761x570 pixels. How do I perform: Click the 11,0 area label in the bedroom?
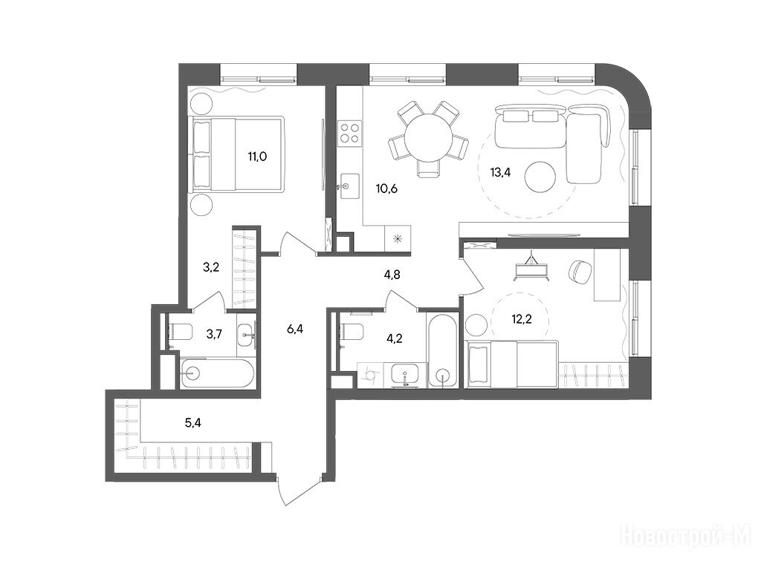pos(257,156)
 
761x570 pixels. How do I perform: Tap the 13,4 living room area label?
pos(500,174)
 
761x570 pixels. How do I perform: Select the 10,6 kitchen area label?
pos(386,188)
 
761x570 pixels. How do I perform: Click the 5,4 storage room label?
pos(192,423)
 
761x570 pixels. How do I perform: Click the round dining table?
pos(428,138)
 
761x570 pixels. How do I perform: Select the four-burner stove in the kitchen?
pos(349,133)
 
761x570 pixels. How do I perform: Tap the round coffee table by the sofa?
pos(541,177)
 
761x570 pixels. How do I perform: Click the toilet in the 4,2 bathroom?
pos(350,332)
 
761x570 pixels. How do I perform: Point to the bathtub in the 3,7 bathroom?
pos(218,374)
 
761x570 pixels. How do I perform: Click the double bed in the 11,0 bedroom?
pos(238,154)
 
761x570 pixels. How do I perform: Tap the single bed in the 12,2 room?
pos(513,364)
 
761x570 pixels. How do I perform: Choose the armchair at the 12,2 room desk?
pos(579,272)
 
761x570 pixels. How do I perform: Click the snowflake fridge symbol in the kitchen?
pos(398,238)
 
